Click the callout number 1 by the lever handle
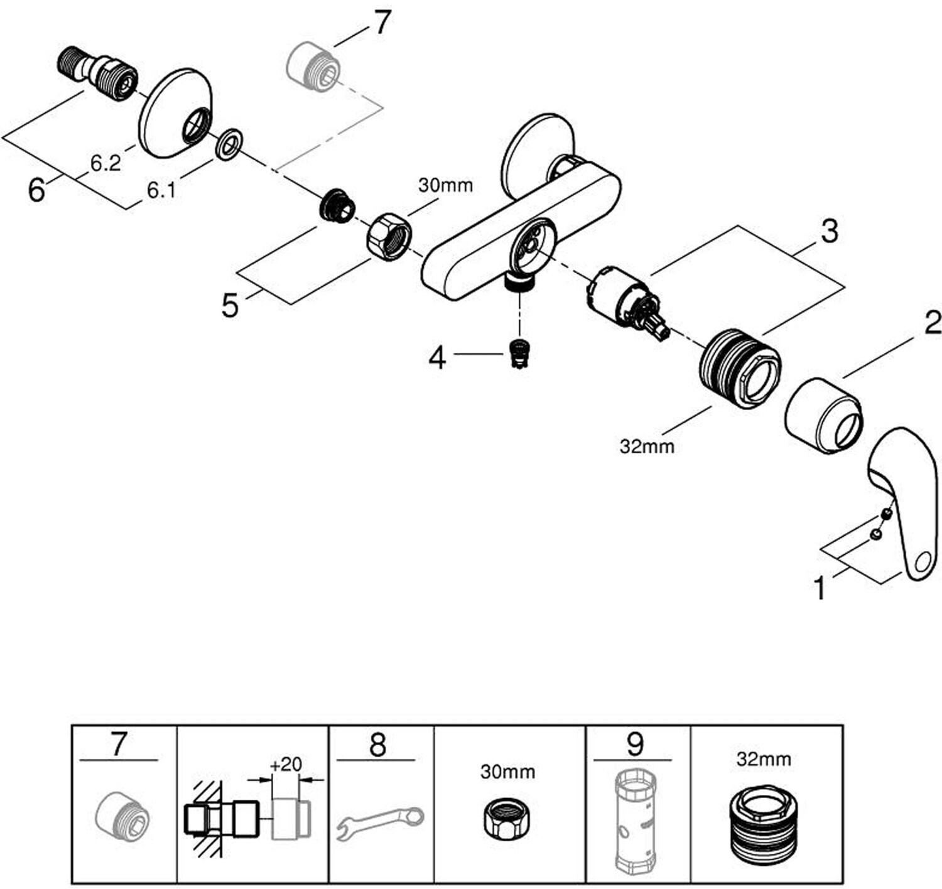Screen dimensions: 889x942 coord(820,588)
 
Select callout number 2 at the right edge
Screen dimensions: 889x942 coord(932,323)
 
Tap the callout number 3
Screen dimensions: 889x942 coord(829,232)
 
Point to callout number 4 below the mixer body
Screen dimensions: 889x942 coord(437,358)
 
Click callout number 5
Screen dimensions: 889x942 coord(230,306)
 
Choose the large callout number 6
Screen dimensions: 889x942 coord(36,190)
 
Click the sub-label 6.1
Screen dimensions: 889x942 coord(161,190)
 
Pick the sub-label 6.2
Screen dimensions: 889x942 coord(105,163)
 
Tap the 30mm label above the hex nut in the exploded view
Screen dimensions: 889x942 coord(445,185)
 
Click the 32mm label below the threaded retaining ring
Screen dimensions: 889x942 coord(647,446)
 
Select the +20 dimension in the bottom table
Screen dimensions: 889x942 coord(286,764)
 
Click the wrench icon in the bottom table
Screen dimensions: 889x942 coord(381,822)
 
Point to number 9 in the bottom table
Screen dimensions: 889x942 coord(635,745)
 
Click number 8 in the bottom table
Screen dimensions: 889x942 coord(377,745)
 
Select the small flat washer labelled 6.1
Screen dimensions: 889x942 coord(230,144)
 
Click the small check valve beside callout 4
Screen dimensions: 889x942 coord(518,354)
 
